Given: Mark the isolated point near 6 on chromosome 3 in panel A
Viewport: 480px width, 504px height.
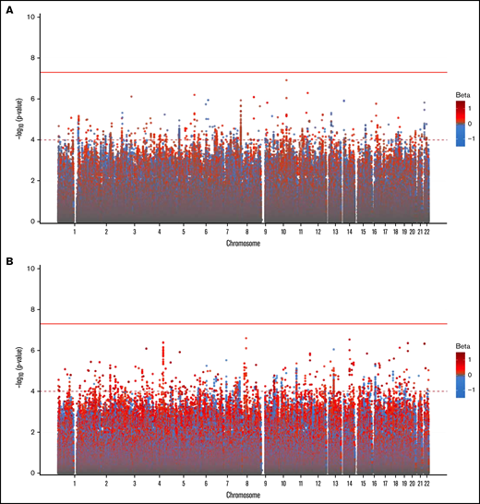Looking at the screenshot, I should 132,96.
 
